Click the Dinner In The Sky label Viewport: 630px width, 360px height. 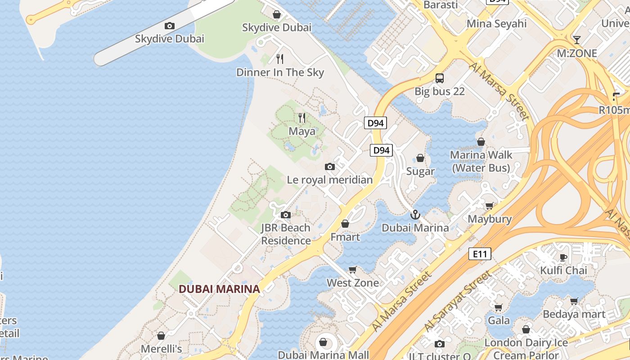280,72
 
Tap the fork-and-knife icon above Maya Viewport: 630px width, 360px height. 302,118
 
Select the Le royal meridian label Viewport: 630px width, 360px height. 330,180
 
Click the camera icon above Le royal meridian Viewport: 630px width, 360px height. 330,167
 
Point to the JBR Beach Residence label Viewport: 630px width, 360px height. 286,234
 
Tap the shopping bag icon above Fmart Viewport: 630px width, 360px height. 345,224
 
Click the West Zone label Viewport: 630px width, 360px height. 353,283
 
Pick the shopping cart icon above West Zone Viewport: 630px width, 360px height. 353,270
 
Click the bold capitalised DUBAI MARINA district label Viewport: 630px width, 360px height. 220,289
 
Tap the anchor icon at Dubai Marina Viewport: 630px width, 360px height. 415,215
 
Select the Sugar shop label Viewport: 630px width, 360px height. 420,171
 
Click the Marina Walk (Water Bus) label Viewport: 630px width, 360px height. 481,162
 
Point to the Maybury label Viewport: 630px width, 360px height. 490,219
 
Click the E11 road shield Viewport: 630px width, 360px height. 479,254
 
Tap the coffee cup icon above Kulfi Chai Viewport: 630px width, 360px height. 563,257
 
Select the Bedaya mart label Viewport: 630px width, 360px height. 574,314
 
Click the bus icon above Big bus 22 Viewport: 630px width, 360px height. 440,78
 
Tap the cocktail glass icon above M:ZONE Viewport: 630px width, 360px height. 576,40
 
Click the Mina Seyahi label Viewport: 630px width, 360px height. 497,23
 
